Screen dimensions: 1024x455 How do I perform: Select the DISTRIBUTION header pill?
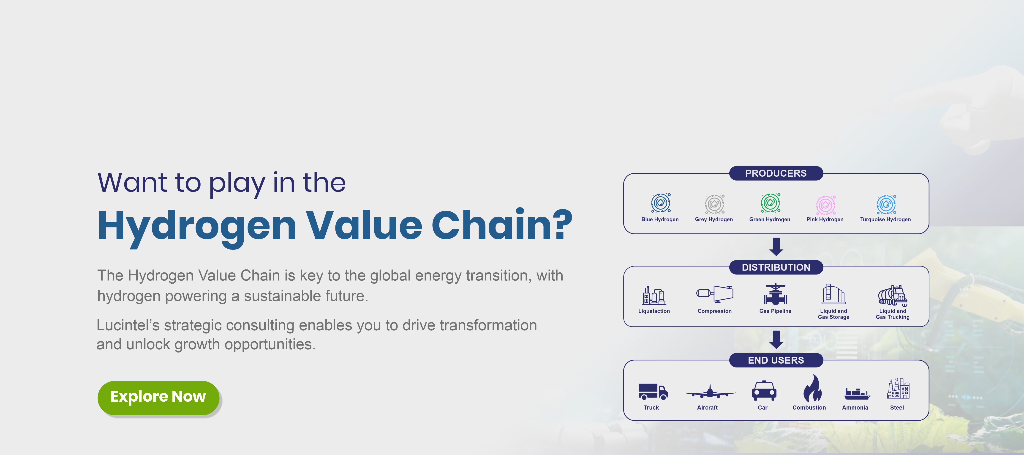click(x=776, y=267)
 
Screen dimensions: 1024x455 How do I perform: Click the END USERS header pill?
click(x=776, y=360)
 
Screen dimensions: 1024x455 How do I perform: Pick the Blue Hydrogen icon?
click(x=661, y=203)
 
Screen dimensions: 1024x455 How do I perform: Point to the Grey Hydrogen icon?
click(x=715, y=204)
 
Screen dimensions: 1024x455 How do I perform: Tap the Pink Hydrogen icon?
click(x=826, y=205)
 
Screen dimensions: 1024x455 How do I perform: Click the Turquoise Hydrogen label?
click(x=885, y=219)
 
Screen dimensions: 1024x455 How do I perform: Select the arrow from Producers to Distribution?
click(x=776, y=247)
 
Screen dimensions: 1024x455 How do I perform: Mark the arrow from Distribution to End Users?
click(x=776, y=340)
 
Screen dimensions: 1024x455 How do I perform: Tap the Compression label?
click(x=714, y=311)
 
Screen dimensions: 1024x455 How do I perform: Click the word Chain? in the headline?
click(x=502, y=225)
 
